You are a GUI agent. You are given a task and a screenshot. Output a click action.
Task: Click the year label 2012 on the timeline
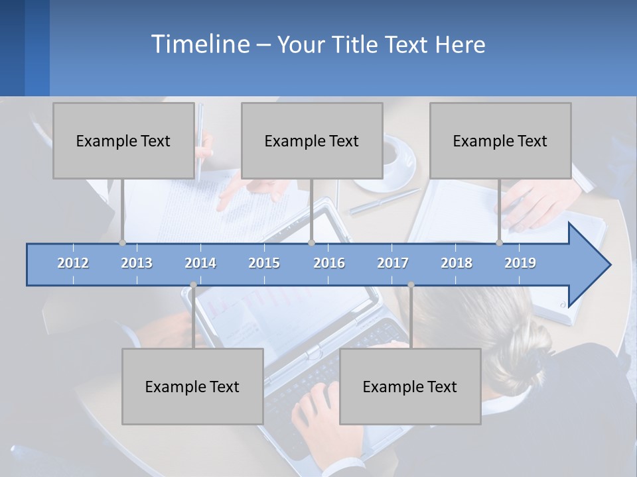click(x=73, y=263)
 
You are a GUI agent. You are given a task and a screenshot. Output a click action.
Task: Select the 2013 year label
click(x=137, y=263)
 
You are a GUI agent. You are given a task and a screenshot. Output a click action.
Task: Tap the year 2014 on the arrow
click(x=200, y=263)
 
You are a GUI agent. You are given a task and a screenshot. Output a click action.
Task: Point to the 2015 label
click(x=264, y=263)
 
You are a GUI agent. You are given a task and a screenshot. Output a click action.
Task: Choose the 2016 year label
click(x=329, y=263)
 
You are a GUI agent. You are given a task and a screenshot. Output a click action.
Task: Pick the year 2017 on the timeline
click(x=393, y=263)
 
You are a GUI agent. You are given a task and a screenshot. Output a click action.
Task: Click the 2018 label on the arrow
click(x=457, y=263)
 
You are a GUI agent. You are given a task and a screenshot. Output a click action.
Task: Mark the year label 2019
click(x=520, y=263)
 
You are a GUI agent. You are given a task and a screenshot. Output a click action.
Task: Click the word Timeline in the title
click(x=199, y=44)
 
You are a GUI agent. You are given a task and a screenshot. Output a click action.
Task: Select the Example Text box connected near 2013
click(x=123, y=140)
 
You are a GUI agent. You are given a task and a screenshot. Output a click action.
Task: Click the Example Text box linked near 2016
click(x=312, y=140)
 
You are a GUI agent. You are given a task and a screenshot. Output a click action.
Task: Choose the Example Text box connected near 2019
click(x=500, y=140)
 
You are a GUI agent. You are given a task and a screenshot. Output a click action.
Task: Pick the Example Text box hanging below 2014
click(x=192, y=386)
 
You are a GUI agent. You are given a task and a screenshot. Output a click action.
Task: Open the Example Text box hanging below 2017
click(x=410, y=386)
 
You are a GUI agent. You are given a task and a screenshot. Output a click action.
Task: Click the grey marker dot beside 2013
click(x=123, y=242)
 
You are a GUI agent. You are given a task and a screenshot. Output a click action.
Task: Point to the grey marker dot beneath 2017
click(x=411, y=285)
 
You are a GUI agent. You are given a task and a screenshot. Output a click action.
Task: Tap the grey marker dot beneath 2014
click(x=193, y=285)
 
